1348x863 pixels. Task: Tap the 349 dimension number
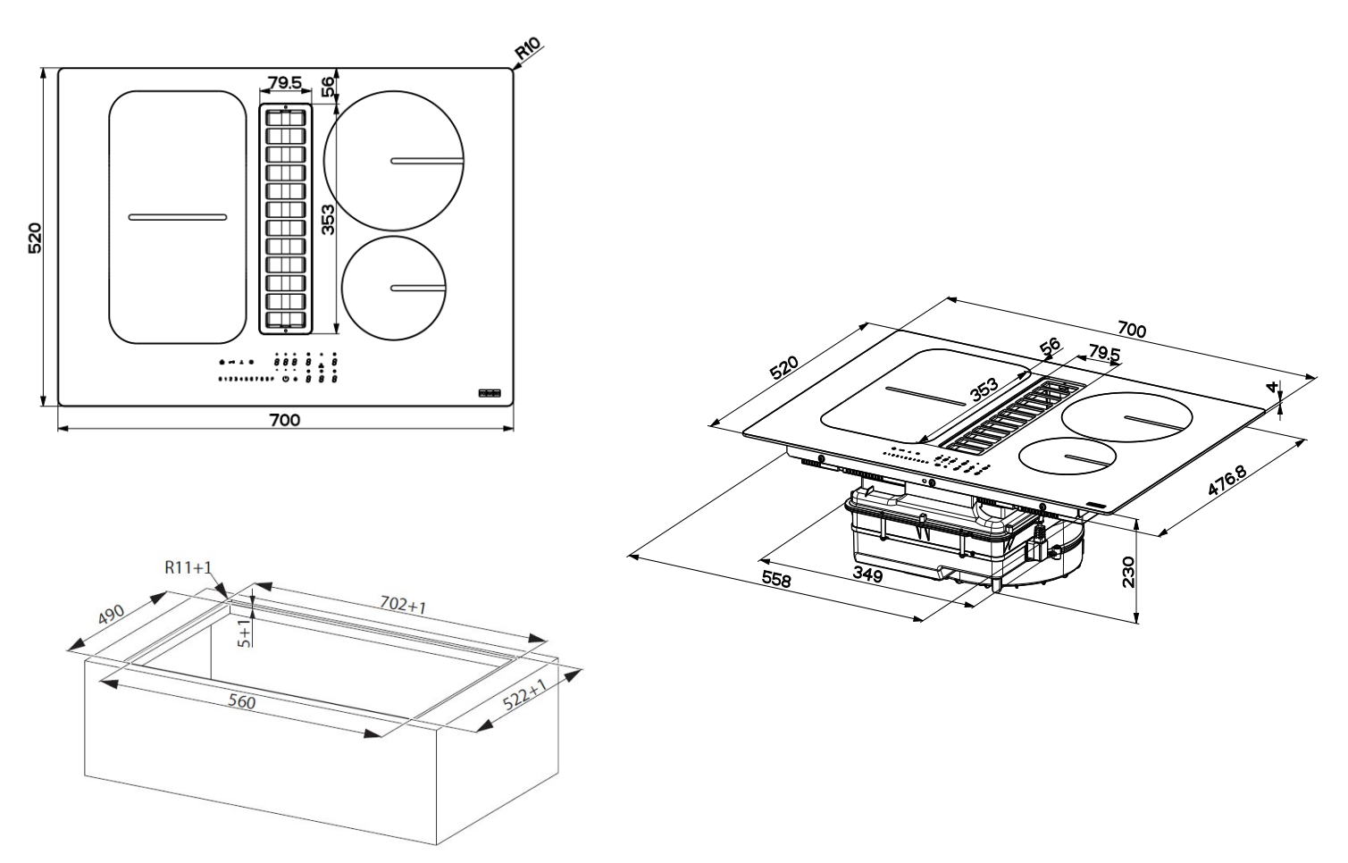867,574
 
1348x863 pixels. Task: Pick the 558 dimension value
775,579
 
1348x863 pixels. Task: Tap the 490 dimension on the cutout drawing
111,617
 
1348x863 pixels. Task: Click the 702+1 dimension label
404,607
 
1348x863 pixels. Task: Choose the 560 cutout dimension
240,702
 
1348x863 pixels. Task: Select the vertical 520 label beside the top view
35,239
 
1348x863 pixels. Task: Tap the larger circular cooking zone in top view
394,161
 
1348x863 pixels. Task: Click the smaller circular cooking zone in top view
392,288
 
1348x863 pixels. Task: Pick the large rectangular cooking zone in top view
177,217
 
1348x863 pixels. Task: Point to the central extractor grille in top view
286,218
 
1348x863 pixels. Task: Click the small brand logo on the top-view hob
490,392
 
